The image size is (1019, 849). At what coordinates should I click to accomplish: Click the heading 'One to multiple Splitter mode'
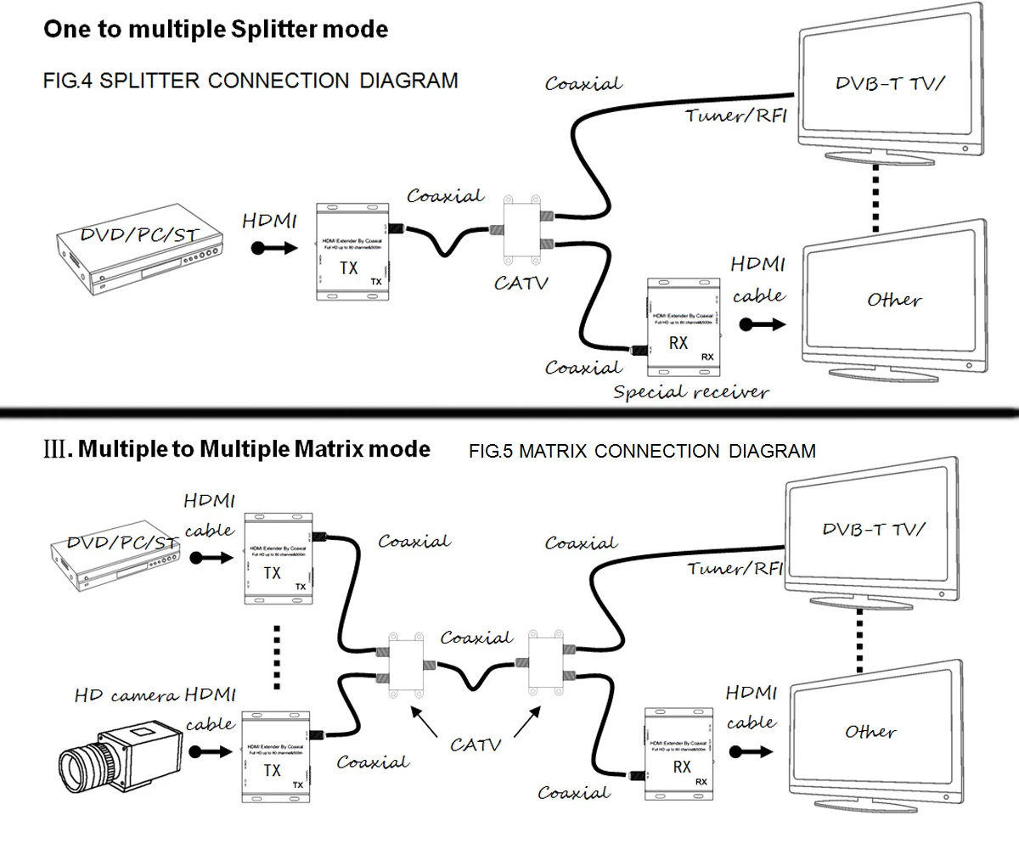(x=216, y=30)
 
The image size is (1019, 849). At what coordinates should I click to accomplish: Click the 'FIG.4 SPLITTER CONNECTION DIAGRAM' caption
(x=251, y=81)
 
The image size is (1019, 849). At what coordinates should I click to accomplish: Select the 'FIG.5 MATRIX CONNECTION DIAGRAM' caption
(x=642, y=451)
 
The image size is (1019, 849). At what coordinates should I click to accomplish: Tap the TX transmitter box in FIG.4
(x=352, y=251)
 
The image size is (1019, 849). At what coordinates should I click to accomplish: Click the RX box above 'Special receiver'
(x=684, y=327)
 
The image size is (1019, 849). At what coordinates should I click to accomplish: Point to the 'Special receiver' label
(x=690, y=392)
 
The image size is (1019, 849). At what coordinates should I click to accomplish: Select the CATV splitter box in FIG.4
(x=523, y=230)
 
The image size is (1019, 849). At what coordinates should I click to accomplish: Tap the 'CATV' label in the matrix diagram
(x=476, y=745)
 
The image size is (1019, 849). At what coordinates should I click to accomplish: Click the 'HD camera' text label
(x=127, y=695)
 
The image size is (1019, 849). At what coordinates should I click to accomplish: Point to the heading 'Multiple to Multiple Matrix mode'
(x=253, y=449)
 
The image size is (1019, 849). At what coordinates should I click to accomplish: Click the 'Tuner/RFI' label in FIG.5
(x=735, y=568)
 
